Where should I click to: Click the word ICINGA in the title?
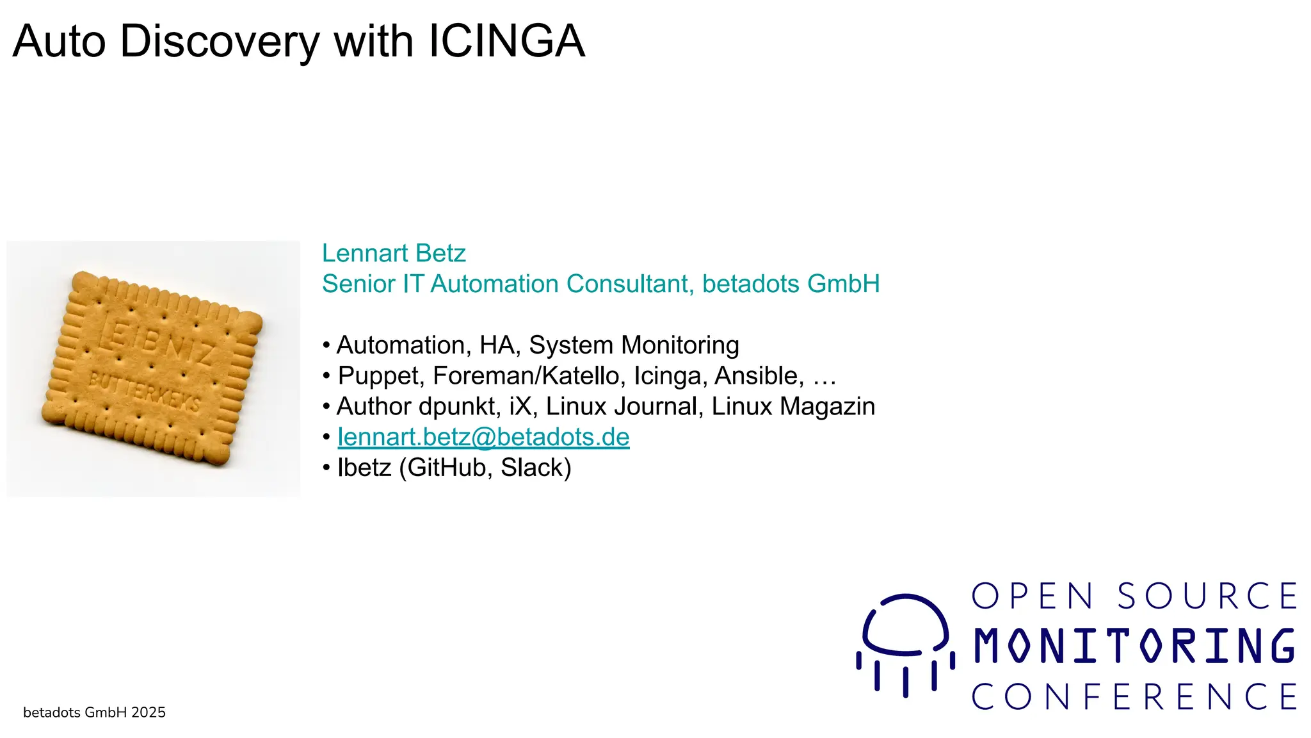coord(506,41)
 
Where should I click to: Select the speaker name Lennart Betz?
coord(394,253)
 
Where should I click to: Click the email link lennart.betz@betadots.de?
coord(483,437)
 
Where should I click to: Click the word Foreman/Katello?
coord(529,375)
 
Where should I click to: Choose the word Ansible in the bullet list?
coord(759,375)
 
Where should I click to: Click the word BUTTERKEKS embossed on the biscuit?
coord(144,391)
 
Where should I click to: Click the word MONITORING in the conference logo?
coord(1134,646)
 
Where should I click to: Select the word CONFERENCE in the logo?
coord(1134,696)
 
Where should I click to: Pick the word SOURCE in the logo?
coord(1207,596)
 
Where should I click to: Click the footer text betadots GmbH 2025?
coord(94,712)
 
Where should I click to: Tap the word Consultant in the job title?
coord(627,284)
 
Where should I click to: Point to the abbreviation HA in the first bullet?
coord(499,345)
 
